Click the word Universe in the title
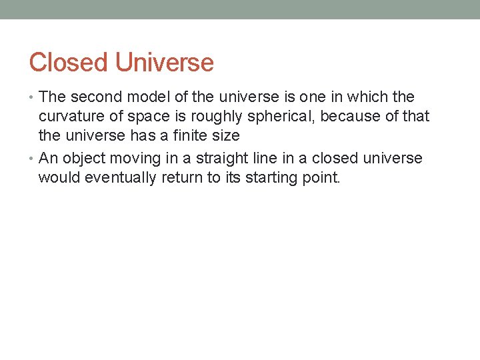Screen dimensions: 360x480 [x=164, y=63]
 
